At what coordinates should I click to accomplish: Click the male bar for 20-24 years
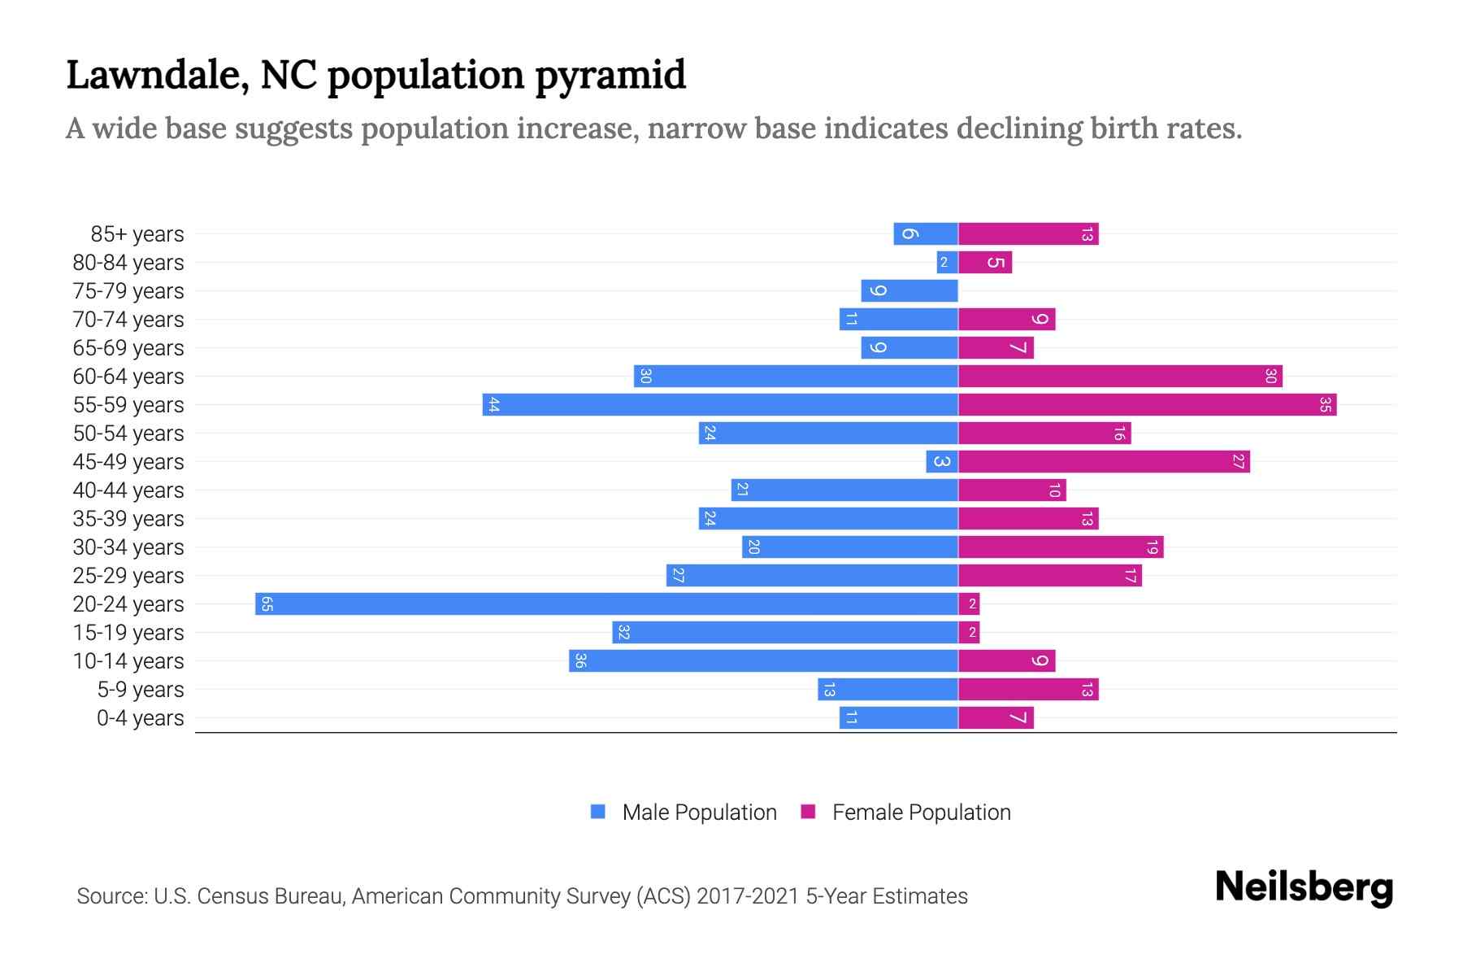(x=606, y=604)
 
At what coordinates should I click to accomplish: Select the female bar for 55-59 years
(x=1147, y=405)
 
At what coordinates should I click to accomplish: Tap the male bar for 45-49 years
(x=941, y=462)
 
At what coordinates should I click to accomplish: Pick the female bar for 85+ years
(x=1028, y=234)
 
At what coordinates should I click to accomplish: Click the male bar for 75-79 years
(x=909, y=291)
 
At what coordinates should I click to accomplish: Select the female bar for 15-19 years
(x=969, y=633)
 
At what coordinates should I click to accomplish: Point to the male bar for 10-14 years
(x=763, y=661)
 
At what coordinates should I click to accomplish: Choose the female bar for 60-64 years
(x=1120, y=377)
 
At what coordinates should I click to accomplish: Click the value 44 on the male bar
(x=493, y=405)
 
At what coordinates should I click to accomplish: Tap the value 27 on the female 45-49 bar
(x=1238, y=462)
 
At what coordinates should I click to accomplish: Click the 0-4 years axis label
(x=140, y=718)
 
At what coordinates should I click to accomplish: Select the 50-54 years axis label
(x=128, y=434)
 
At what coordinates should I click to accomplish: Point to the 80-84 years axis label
(x=128, y=263)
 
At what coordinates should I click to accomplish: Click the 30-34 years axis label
(x=128, y=547)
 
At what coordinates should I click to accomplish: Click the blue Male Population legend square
(x=598, y=812)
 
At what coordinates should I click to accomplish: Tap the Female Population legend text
(x=921, y=813)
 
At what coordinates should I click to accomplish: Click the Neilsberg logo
(x=1304, y=887)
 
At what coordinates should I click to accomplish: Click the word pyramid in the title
(x=610, y=76)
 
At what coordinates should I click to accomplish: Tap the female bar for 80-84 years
(x=985, y=263)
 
